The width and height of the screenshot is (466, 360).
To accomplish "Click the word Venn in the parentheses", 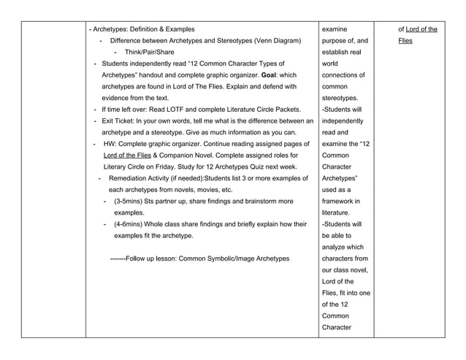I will (x=247, y=41).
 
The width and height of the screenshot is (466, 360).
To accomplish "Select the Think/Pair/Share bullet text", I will (x=149, y=53).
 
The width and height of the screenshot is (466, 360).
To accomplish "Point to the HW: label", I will (x=112, y=144).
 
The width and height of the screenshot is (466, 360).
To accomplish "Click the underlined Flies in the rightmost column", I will (x=405, y=41).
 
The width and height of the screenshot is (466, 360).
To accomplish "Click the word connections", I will (x=339, y=75).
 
